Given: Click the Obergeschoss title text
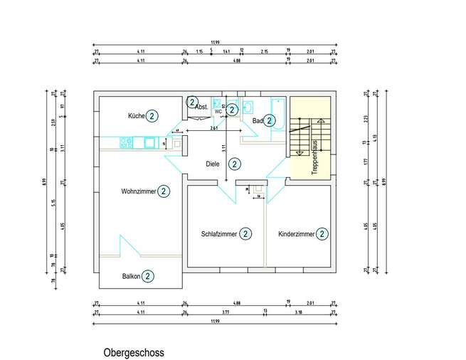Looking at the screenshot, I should click(x=134, y=352).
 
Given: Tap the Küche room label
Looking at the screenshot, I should click(x=137, y=116).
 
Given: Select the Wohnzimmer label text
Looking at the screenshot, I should click(x=138, y=191).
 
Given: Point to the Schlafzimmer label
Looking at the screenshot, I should click(x=219, y=234).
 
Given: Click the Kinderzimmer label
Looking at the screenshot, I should click(x=296, y=234).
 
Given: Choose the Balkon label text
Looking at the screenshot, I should click(x=131, y=277).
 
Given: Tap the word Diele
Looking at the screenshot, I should click(x=213, y=164).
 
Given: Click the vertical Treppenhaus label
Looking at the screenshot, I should click(x=313, y=157).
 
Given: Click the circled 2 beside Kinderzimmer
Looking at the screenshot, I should click(x=322, y=233).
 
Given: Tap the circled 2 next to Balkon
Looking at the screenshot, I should click(x=147, y=276).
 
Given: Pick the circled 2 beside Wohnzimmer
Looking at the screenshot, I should click(x=164, y=191).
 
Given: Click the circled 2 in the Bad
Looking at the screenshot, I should click(x=270, y=120).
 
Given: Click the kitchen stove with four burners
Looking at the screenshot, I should click(x=126, y=142).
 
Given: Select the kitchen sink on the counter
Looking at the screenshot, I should click(x=150, y=142).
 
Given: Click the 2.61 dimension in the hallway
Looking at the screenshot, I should click(x=213, y=129).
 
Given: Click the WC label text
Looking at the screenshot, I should click(x=218, y=112).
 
